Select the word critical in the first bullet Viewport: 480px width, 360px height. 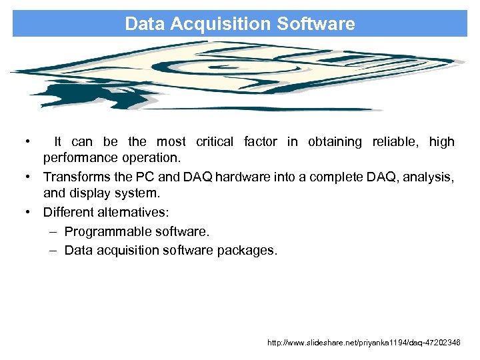215,141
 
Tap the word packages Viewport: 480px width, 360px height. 247,250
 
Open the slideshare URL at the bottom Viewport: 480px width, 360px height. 363,342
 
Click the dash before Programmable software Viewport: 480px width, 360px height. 53,232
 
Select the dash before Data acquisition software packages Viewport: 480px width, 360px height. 53,250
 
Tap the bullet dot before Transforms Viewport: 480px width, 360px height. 28,177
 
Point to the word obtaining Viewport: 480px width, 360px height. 335,141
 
